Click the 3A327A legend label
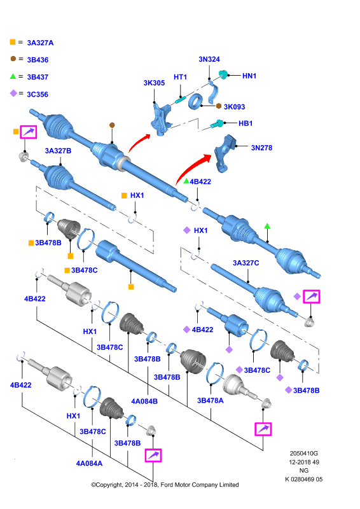point(40,43)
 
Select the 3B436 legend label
point(38,60)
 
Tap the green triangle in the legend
point(13,76)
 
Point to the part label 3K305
point(154,83)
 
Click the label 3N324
point(209,59)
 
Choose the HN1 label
point(249,76)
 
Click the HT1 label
point(180,77)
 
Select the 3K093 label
point(234,107)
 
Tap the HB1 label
point(246,123)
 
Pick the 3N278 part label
point(261,148)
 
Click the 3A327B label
point(58,151)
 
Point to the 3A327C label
point(246,263)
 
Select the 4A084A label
point(89,464)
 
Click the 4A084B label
point(144,401)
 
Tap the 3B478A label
point(211,401)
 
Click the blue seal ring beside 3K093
point(195,102)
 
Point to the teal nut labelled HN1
point(223,74)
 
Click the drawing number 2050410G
point(304,454)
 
